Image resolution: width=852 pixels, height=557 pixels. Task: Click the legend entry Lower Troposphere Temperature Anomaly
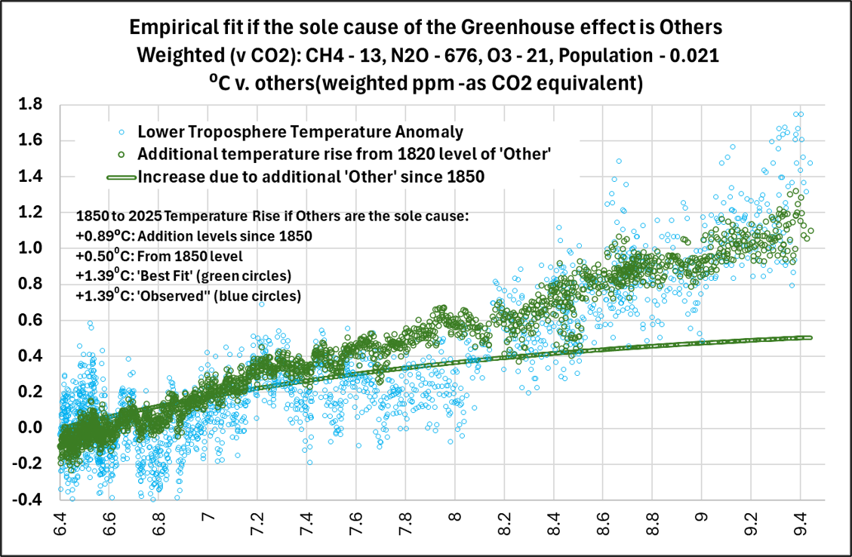pyautogui.click(x=300, y=132)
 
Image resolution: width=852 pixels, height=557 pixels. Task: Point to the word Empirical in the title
pyautogui.click(x=166, y=27)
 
